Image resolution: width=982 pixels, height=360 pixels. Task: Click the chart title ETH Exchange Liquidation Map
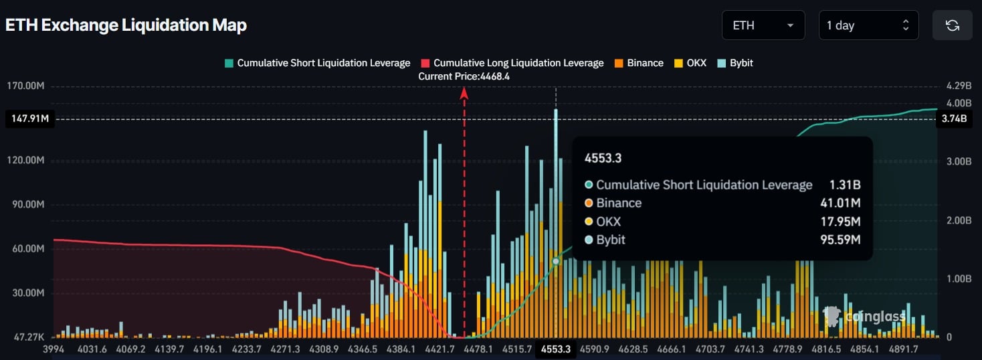click(x=126, y=25)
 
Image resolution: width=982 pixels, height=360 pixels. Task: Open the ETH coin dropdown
click(x=763, y=25)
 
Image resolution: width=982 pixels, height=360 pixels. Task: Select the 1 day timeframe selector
click(x=868, y=25)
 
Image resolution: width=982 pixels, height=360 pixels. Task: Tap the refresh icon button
click(x=952, y=25)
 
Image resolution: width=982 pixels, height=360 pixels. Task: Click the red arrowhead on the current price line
click(x=464, y=94)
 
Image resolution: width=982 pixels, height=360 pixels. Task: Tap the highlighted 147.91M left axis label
click(x=29, y=119)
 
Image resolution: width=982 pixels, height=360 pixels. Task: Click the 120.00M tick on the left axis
click(x=27, y=161)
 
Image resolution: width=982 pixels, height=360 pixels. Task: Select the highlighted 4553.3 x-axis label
click(x=556, y=349)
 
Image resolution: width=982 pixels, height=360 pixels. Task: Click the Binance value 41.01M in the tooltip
click(x=840, y=203)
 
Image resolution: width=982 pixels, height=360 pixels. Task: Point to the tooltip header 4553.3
click(x=603, y=158)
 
